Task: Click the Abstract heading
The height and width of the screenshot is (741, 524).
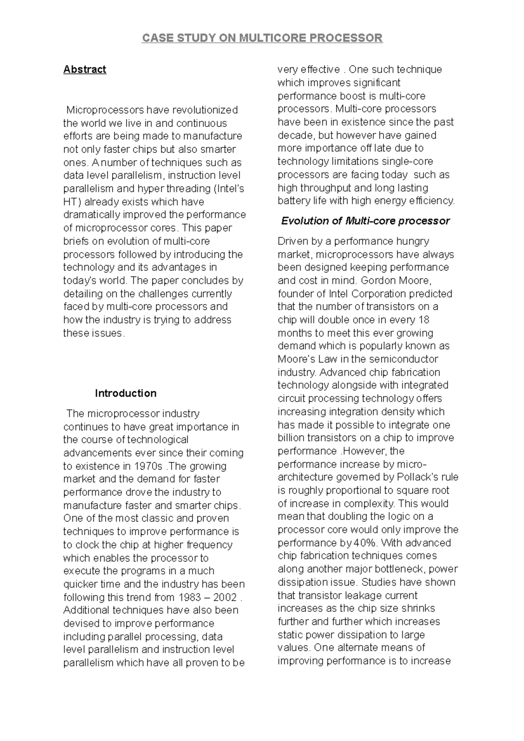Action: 85,70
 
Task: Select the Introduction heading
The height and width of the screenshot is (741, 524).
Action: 126,394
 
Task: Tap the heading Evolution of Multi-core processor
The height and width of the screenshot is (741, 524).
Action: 365,221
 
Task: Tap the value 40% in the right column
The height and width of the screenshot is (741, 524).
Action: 366,543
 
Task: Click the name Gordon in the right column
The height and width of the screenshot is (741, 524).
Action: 379,281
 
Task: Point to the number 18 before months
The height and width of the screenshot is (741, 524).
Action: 424,320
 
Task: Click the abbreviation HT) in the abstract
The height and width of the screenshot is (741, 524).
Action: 72,202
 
